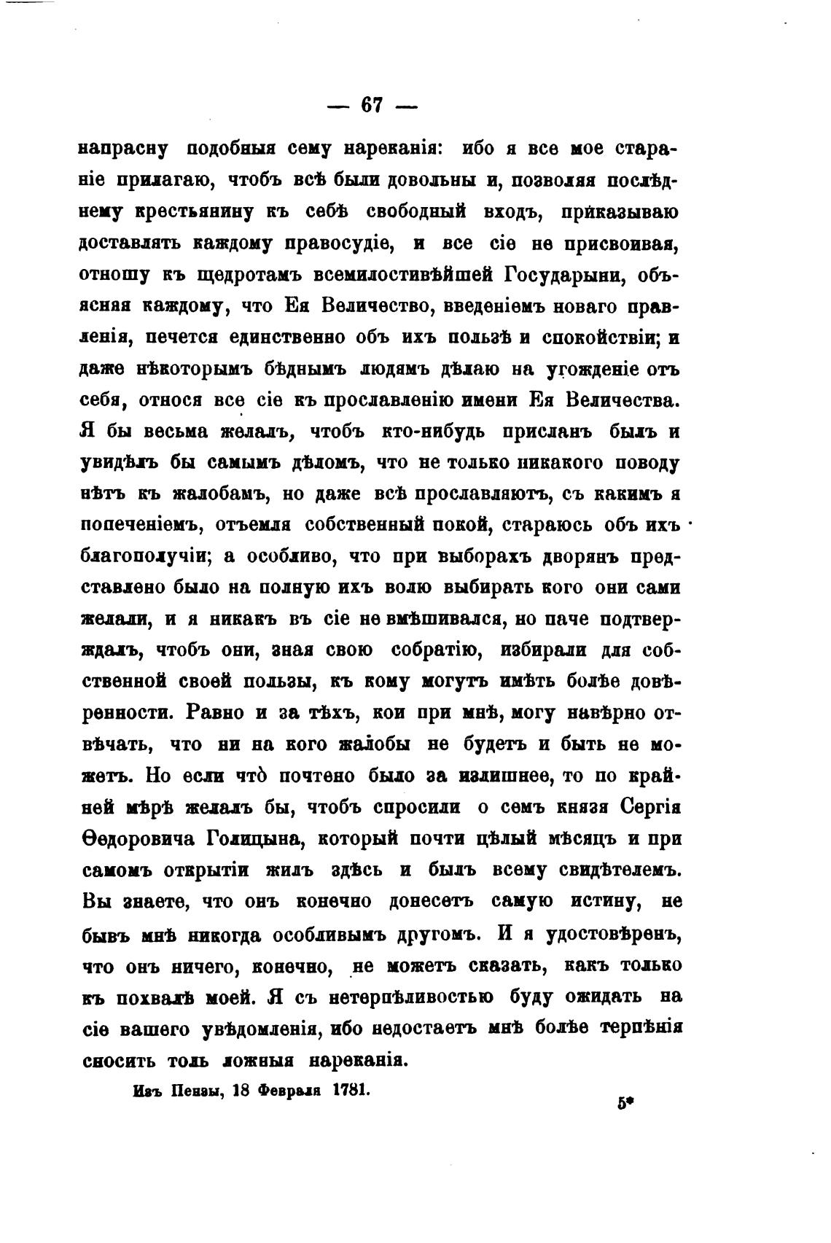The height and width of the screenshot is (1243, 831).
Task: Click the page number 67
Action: [372, 104]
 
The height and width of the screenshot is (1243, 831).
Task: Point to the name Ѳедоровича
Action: [136, 838]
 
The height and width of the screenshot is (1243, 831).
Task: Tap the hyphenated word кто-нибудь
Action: [436, 432]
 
